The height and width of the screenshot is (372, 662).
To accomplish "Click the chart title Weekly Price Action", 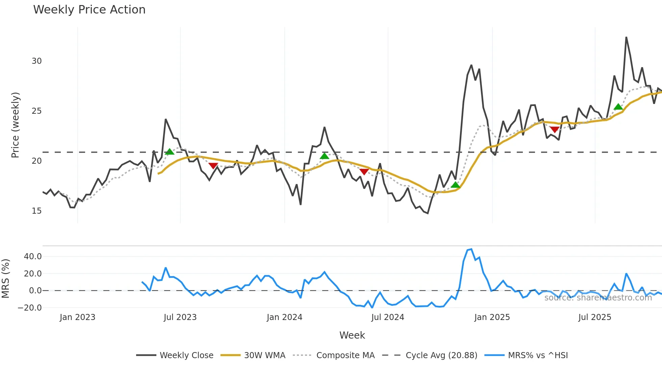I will pyautogui.click(x=89, y=10).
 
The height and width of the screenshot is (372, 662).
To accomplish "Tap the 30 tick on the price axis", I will pyautogui.click(x=36, y=61).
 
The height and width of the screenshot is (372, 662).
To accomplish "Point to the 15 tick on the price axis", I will pyautogui.click(x=36, y=211).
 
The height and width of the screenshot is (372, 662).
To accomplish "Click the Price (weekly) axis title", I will pyautogui.click(x=15, y=125).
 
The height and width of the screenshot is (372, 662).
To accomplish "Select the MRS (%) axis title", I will pyautogui.click(x=5, y=278).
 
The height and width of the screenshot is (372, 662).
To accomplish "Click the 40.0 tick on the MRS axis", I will pyautogui.click(x=33, y=257).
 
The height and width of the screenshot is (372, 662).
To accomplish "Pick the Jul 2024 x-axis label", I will pyautogui.click(x=387, y=317).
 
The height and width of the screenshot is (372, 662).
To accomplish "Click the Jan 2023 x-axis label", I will pyautogui.click(x=77, y=317).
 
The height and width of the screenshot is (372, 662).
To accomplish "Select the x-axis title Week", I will pyautogui.click(x=352, y=335).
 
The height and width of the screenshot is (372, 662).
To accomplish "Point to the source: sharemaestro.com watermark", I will pyautogui.click(x=598, y=298).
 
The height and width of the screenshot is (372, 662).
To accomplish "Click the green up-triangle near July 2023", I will pyautogui.click(x=170, y=152).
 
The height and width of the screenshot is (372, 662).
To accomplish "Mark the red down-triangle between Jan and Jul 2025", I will pyautogui.click(x=555, y=130).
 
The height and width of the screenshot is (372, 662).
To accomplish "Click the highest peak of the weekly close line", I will pyautogui.click(x=626, y=37).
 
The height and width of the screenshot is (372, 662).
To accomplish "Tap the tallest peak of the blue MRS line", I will pyautogui.click(x=471, y=249).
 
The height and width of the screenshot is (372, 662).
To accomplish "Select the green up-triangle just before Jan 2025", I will pyautogui.click(x=455, y=185).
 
